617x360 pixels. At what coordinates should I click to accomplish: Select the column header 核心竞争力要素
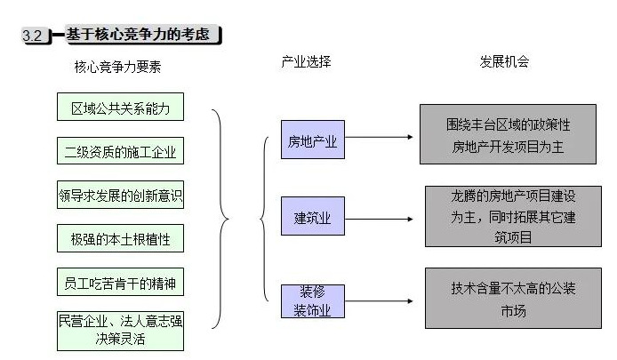coord(118,67)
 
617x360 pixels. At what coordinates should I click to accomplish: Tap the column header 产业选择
coord(306,62)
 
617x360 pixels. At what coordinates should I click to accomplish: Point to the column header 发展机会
coord(504,62)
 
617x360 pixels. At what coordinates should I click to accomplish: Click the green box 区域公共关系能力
coord(120,108)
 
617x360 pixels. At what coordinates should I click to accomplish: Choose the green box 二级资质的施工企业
coord(120,151)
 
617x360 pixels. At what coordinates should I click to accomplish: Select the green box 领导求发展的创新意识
coord(120,195)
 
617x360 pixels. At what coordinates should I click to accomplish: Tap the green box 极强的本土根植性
coord(120,238)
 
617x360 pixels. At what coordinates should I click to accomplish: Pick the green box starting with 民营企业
coord(120,329)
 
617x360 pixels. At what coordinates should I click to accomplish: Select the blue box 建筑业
coord(312,218)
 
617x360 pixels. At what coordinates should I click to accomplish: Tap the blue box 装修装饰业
coord(312,301)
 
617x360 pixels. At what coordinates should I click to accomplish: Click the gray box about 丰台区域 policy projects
coord(507,135)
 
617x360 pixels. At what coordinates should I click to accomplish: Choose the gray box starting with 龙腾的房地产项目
coord(507,216)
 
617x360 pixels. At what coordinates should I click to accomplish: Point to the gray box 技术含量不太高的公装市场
coord(507,299)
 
